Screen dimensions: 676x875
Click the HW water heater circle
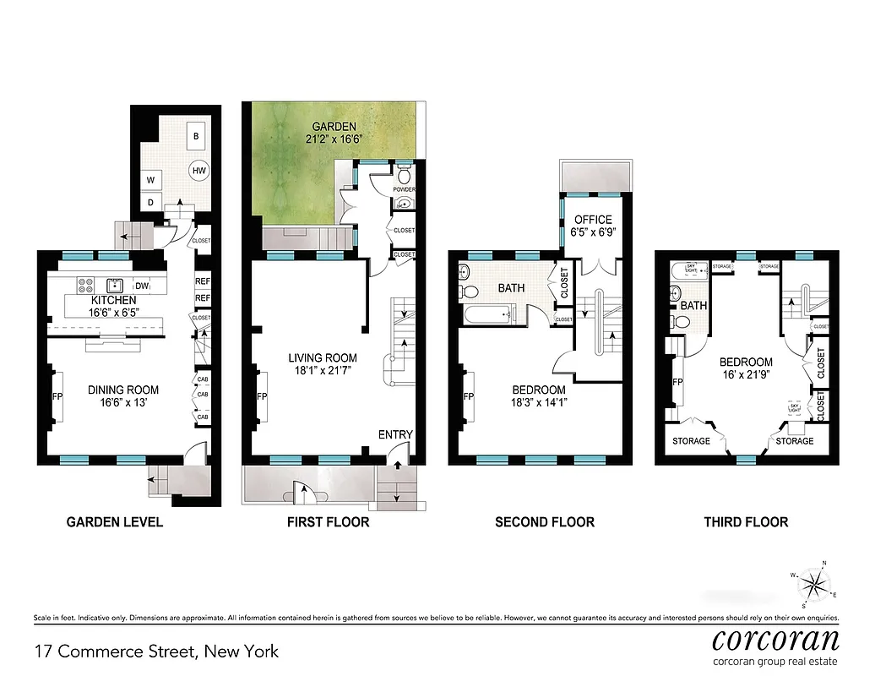coord(199,170)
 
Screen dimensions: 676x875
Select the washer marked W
coord(150,180)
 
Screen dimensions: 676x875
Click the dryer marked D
coord(150,202)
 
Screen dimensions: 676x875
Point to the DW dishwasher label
coord(143,286)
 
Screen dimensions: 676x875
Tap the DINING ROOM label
coord(123,390)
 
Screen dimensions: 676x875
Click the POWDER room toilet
coord(404,177)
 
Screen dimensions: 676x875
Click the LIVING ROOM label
coord(322,357)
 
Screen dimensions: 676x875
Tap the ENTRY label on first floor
coord(395,434)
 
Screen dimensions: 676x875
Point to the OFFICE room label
coord(593,220)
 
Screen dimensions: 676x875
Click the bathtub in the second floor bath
coord(488,315)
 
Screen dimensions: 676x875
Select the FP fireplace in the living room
coord(261,397)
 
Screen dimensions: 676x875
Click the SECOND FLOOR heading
coord(544,522)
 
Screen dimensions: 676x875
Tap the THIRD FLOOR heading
coord(746,522)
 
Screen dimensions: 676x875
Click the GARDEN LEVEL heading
coord(115,522)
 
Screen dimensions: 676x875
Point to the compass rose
coord(814,582)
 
